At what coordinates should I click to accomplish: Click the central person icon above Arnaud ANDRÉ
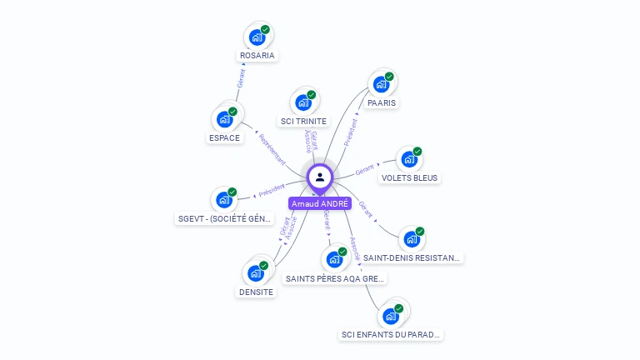(x=320, y=177)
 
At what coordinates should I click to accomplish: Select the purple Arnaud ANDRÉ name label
(x=320, y=203)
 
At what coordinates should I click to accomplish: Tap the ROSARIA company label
(x=257, y=56)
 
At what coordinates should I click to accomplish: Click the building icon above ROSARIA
(x=257, y=37)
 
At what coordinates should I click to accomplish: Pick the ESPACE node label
(x=224, y=137)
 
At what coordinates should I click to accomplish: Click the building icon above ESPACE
(x=224, y=119)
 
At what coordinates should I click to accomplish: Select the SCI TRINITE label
(x=303, y=121)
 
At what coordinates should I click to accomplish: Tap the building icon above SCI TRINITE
(x=303, y=102)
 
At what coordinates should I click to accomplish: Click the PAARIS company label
(x=381, y=102)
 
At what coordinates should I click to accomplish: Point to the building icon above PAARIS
(x=381, y=84)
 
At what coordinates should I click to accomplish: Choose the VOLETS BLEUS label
(x=409, y=177)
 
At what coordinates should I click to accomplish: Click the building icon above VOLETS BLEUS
(x=408, y=159)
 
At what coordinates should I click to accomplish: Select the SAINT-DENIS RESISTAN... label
(x=412, y=257)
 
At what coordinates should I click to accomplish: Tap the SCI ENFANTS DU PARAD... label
(x=391, y=334)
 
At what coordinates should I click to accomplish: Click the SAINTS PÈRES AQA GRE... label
(x=334, y=278)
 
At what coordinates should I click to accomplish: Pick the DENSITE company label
(x=256, y=292)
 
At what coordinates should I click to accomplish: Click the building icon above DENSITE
(x=255, y=273)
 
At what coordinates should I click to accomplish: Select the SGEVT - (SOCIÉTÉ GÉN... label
(x=224, y=218)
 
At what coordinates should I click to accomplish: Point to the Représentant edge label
(x=272, y=148)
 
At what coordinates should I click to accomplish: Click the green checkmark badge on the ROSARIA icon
(x=265, y=30)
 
